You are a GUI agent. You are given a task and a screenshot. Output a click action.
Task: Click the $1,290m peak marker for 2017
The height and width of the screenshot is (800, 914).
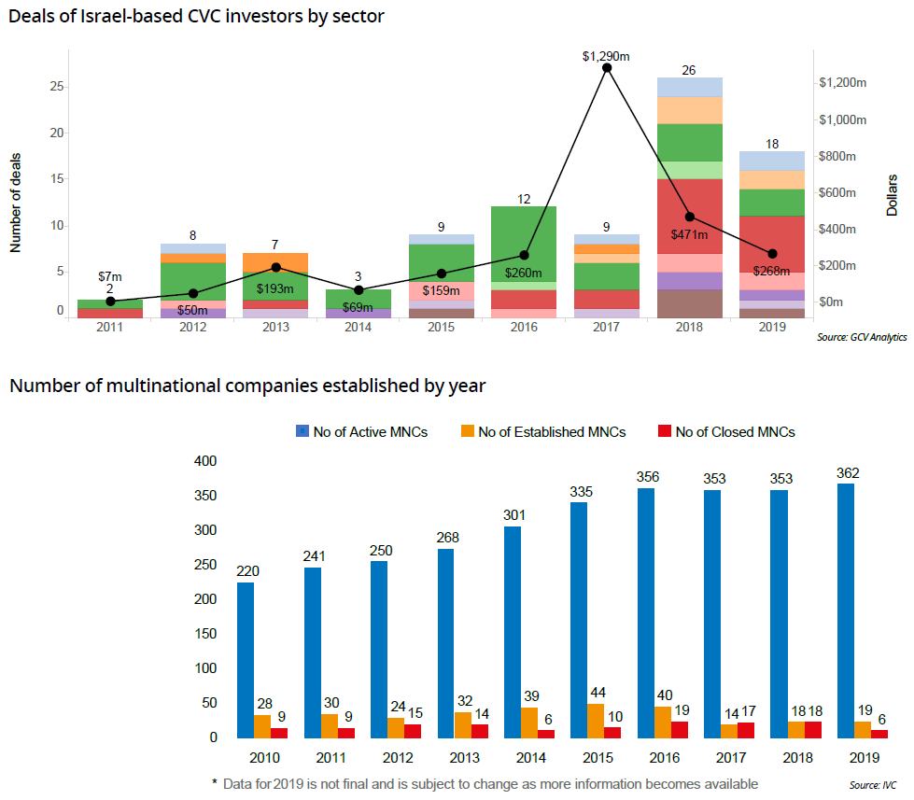[x=607, y=67]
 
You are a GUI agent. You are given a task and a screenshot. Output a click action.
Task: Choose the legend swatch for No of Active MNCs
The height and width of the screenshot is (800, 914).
[x=302, y=431]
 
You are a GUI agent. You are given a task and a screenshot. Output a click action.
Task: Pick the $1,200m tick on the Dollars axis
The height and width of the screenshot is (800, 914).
[x=843, y=83]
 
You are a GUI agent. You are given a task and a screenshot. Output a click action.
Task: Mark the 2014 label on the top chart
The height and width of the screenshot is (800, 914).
[x=359, y=328]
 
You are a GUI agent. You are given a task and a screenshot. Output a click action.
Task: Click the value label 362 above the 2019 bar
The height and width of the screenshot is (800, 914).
[x=845, y=472]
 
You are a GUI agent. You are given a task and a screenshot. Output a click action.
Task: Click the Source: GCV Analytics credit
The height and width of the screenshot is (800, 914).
[x=862, y=338]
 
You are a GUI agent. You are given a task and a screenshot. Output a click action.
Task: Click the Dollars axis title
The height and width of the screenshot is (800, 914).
[x=892, y=194]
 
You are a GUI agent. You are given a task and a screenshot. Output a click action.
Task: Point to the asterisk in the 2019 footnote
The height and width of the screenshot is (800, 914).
[x=214, y=781]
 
